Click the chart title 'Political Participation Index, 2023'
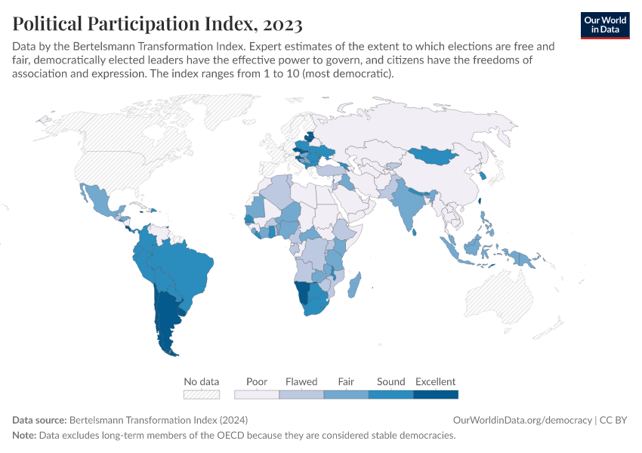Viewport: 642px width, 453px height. [x=157, y=24]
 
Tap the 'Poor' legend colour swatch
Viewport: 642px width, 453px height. [x=257, y=394]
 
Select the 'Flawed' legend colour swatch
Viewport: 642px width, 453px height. [x=301, y=394]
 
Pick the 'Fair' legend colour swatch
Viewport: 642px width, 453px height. [x=346, y=394]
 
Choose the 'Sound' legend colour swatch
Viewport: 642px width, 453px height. [x=390, y=394]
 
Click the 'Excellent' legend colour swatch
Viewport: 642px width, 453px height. [x=436, y=394]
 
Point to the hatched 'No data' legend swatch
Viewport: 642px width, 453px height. [x=202, y=394]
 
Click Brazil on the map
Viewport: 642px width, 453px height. [x=185, y=268]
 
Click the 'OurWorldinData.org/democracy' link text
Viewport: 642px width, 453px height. [x=522, y=420]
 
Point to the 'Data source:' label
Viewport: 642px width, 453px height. [x=39, y=420]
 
